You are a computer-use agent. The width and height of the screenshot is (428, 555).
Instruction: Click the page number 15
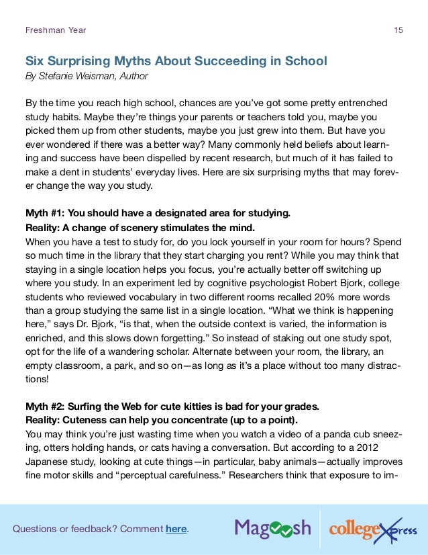click(398, 30)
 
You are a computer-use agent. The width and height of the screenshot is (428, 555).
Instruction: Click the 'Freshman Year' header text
click(55, 30)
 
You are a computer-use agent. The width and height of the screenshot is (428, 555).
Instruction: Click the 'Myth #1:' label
click(46, 214)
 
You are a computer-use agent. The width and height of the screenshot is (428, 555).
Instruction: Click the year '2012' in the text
click(389, 447)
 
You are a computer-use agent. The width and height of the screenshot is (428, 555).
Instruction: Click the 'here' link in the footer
click(176, 529)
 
